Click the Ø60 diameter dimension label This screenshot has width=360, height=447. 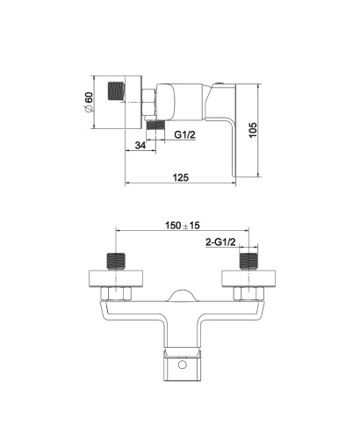pyautogui.click(x=89, y=102)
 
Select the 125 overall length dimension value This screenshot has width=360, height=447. pyautogui.click(x=181, y=177)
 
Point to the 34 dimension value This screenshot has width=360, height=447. pyautogui.click(x=140, y=145)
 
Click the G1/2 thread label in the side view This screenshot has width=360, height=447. pyautogui.click(x=185, y=134)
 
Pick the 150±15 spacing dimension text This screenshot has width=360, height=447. pyautogui.click(x=183, y=226)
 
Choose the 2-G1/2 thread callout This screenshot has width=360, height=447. pyautogui.click(x=220, y=242)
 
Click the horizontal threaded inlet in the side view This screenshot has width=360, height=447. pyautogui.click(x=117, y=91)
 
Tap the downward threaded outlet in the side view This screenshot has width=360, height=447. pyautogui.click(x=155, y=125)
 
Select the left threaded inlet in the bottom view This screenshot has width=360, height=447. pyautogui.click(x=117, y=262)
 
